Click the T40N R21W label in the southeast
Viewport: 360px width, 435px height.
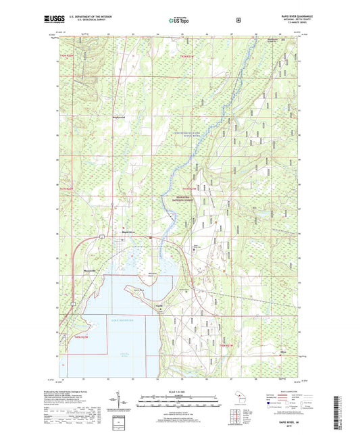[x=225, y=346]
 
